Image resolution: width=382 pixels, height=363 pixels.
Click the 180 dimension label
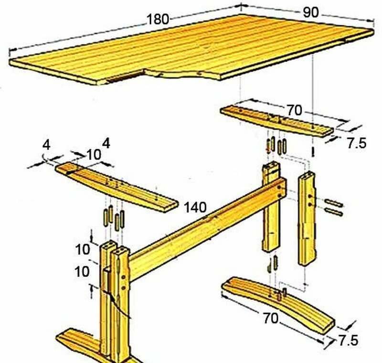158,19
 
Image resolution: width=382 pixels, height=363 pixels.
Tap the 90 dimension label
311,12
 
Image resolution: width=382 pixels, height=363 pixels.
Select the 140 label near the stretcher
195,208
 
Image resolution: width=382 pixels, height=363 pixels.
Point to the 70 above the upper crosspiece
294,110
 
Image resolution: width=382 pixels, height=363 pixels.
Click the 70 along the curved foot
270,318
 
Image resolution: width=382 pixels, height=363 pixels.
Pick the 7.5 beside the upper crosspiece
357,143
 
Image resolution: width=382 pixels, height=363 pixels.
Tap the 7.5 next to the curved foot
349,340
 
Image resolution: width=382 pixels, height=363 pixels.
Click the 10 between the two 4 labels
94,154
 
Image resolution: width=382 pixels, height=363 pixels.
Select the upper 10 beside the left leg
83,250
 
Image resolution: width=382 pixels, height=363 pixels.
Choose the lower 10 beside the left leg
82,271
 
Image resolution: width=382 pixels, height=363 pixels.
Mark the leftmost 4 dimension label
46,145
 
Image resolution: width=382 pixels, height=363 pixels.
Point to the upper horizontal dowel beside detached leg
334,203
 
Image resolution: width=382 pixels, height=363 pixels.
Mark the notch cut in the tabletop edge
125,77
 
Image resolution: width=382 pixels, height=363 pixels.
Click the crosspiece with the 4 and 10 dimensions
117,187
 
